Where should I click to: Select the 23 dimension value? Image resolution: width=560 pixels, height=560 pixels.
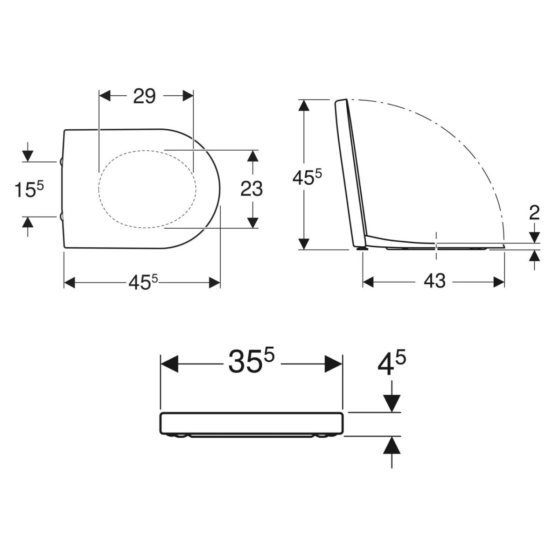(252, 189)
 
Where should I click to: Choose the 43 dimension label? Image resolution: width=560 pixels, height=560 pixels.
(435, 282)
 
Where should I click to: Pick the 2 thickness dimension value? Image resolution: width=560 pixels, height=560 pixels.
(535, 213)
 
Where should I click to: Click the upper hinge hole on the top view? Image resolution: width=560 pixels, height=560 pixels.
(62, 161)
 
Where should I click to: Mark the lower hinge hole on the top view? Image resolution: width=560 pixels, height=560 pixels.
(62, 216)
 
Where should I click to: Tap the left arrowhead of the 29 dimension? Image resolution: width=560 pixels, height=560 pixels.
(105, 96)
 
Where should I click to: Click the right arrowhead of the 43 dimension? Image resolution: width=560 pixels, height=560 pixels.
(499, 282)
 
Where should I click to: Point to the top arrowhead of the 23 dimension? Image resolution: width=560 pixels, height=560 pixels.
(252, 156)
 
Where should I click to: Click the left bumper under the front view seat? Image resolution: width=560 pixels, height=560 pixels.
(180, 436)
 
